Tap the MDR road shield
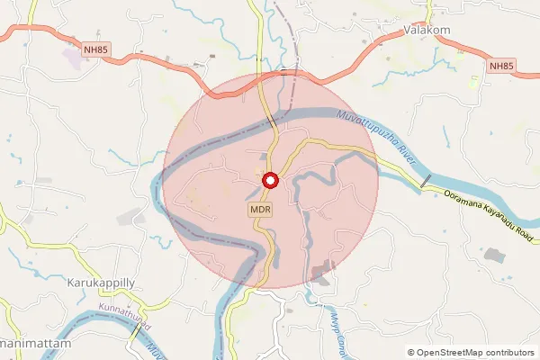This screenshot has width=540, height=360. click(x=261, y=210)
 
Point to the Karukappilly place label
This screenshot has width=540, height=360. click(x=101, y=282)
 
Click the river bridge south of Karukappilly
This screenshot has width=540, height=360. click(x=136, y=329)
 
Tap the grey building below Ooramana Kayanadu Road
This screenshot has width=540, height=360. click(x=493, y=254)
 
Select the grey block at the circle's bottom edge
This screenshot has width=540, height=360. click(x=320, y=271)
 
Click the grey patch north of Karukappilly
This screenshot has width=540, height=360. click(x=132, y=217)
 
